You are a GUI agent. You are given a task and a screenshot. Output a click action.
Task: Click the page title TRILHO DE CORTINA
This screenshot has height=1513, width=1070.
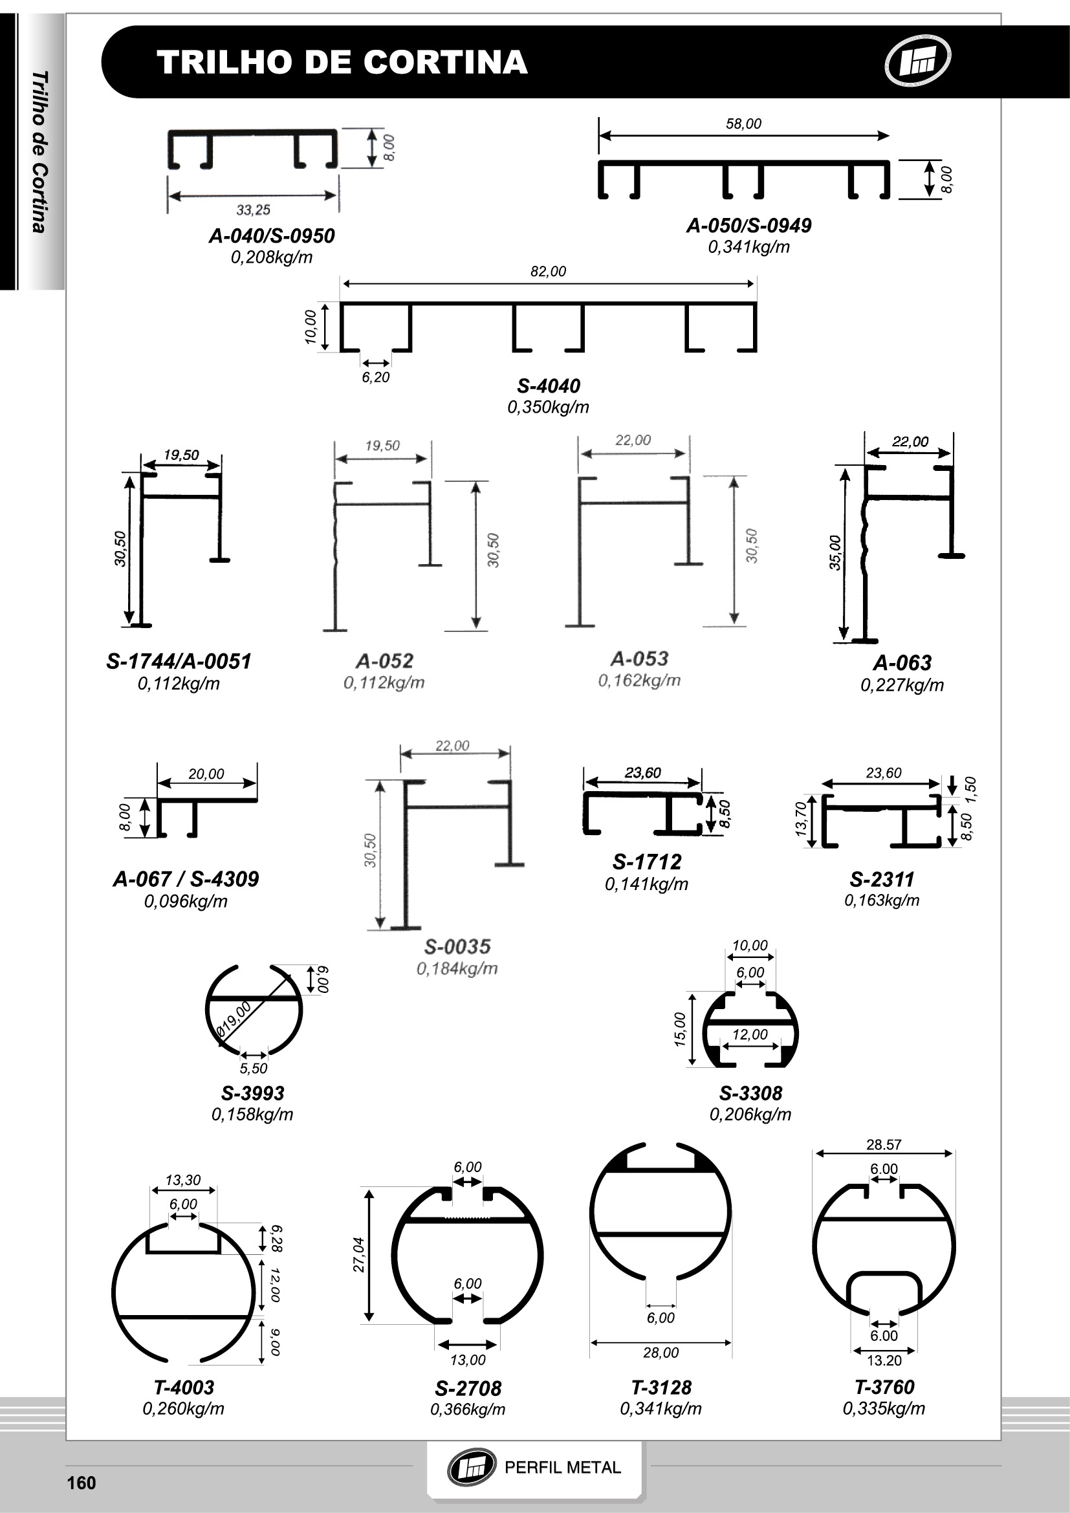pyautogui.click(x=342, y=62)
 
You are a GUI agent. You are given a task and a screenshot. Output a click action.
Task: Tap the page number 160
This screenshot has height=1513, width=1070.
pyautogui.click(x=82, y=1483)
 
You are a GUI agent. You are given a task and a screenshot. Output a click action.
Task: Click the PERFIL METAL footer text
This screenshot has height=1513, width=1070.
pyautogui.click(x=563, y=1468)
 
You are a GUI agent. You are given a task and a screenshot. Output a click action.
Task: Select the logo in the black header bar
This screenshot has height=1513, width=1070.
pyautogui.click(x=917, y=61)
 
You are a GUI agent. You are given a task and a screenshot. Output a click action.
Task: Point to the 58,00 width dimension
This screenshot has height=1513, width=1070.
pyautogui.click(x=743, y=124)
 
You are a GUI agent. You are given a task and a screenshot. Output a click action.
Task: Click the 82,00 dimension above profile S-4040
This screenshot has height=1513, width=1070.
pyautogui.click(x=548, y=272)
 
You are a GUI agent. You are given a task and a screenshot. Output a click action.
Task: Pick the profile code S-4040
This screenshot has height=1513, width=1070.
pyautogui.click(x=548, y=386)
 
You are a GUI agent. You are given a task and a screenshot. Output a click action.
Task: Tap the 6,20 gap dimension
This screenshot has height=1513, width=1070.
pyautogui.click(x=376, y=378)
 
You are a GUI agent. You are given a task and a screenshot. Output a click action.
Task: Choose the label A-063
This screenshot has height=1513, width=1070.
pyautogui.click(x=902, y=662)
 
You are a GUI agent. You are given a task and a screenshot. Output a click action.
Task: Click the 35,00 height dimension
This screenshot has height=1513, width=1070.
pyautogui.click(x=835, y=552)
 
